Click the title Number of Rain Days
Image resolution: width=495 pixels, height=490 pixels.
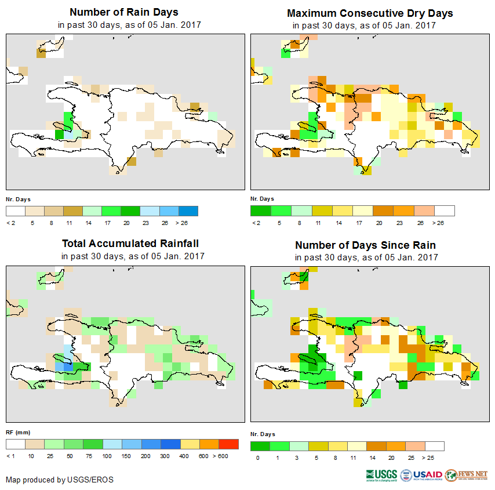tap(124, 12)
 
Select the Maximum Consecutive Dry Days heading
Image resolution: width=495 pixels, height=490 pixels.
tap(370, 13)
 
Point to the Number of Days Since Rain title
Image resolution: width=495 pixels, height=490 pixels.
tap(365, 245)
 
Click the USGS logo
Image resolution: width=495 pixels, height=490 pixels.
tap(381, 475)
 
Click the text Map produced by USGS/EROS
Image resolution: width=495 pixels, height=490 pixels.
tap(60, 480)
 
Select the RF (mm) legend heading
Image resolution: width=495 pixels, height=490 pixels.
tap(18, 432)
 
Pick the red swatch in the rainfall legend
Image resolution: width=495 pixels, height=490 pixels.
tap(228, 444)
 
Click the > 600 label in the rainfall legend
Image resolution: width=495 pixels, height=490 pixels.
tap(228, 456)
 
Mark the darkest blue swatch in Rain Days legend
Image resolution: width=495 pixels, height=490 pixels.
tap(188, 210)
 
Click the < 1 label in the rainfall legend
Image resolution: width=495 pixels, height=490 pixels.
tap(10, 456)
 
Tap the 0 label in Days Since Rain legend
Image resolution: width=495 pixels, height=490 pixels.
tap(256, 458)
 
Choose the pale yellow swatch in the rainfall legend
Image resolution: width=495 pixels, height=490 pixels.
tap(190, 444)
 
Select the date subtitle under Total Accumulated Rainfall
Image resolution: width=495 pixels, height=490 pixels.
tap(133, 256)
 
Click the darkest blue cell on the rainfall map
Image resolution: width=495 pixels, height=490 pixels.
tap(68, 366)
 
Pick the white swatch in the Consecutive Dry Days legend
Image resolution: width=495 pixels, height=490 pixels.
tap(445, 210)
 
